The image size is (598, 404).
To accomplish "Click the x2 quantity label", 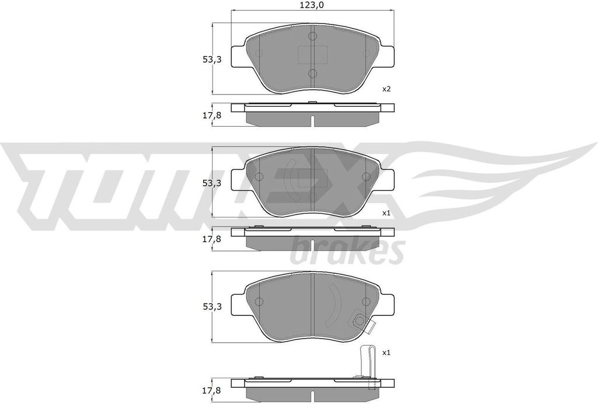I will click(x=386, y=89).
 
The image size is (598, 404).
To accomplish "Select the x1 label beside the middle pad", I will click(x=385, y=213).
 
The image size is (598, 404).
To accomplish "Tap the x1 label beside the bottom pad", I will click(x=385, y=353).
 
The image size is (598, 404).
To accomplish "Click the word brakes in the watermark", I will click(x=347, y=250).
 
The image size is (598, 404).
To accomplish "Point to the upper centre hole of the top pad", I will click(x=312, y=37).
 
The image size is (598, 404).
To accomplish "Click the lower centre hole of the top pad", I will click(x=312, y=73).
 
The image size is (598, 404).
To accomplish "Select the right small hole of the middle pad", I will click(x=366, y=177).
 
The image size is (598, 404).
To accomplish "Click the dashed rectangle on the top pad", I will click(x=312, y=54).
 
